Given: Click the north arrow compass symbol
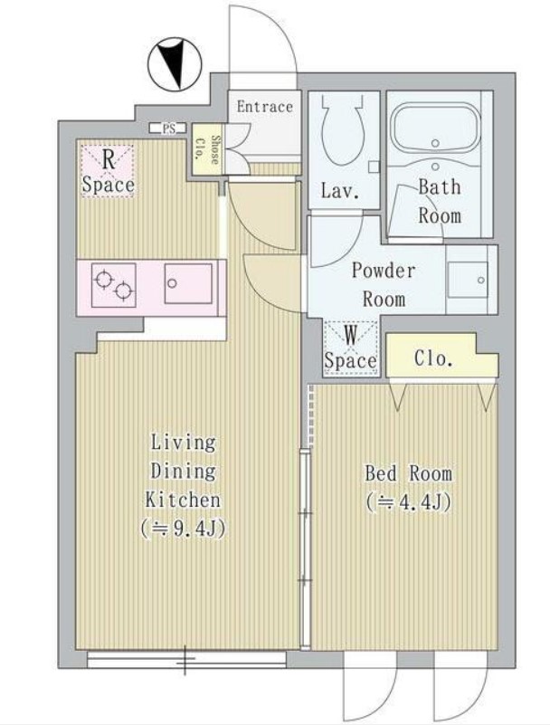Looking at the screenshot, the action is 175,64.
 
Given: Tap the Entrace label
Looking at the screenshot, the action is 265,107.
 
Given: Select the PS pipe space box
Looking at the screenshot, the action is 167,129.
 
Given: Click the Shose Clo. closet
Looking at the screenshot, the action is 207,148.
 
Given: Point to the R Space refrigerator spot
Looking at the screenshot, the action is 109,172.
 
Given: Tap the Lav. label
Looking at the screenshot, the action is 340,190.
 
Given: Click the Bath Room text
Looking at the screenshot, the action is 440,202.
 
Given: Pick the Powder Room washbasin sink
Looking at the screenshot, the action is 469,280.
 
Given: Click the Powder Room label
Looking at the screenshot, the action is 384,284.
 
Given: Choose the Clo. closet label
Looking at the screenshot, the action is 433,358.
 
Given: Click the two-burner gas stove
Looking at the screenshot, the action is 114,285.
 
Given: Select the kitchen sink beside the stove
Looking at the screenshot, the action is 188,283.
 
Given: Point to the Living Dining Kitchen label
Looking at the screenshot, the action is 183,472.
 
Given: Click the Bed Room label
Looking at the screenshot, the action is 409,473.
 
